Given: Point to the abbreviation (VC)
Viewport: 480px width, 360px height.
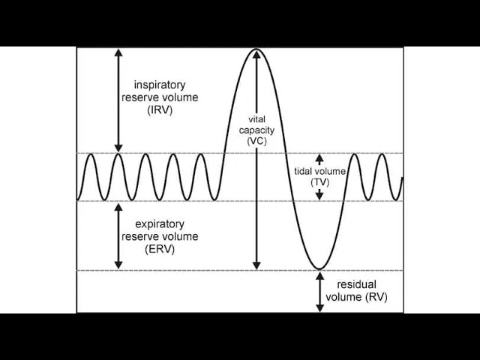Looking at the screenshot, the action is [x=256, y=141].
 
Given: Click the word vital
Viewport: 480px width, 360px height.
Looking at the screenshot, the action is [x=256, y=119].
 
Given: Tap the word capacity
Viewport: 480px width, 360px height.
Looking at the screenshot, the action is [x=256, y=130].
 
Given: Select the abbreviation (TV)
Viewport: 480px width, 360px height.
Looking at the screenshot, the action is [x=319, y=181].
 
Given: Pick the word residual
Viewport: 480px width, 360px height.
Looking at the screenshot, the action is [x=355, y=285].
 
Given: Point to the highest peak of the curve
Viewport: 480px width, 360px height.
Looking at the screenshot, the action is [x=256, y=49].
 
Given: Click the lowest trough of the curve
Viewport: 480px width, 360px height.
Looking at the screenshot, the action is [x=319, y=268].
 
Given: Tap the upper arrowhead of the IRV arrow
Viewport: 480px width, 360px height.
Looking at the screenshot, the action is [x=118, y=52].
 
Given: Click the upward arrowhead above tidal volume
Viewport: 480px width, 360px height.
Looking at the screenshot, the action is [x=319, y=158].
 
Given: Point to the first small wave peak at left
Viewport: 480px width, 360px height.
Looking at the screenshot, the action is [x=90, y=154].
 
